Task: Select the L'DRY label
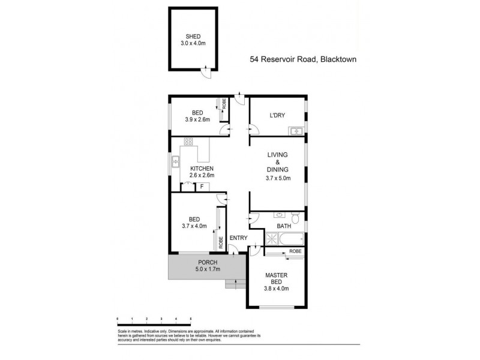(x=277, y=114)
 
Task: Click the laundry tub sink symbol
(x=296, y=131)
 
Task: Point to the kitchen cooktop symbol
(x=188, y=142)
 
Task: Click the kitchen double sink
(x=176, y=161)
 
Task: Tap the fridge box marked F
(x=202, y=187)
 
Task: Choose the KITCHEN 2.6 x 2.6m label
(x=202, y=172)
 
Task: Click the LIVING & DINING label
(x=278, y=166)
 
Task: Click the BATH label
(x=284, y=226)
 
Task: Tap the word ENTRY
(x=238, y=238)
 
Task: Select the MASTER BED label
(x=277, y=281)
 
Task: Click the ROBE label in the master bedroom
(x=295, y=251)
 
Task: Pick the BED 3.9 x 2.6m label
(x=197, y=116)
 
